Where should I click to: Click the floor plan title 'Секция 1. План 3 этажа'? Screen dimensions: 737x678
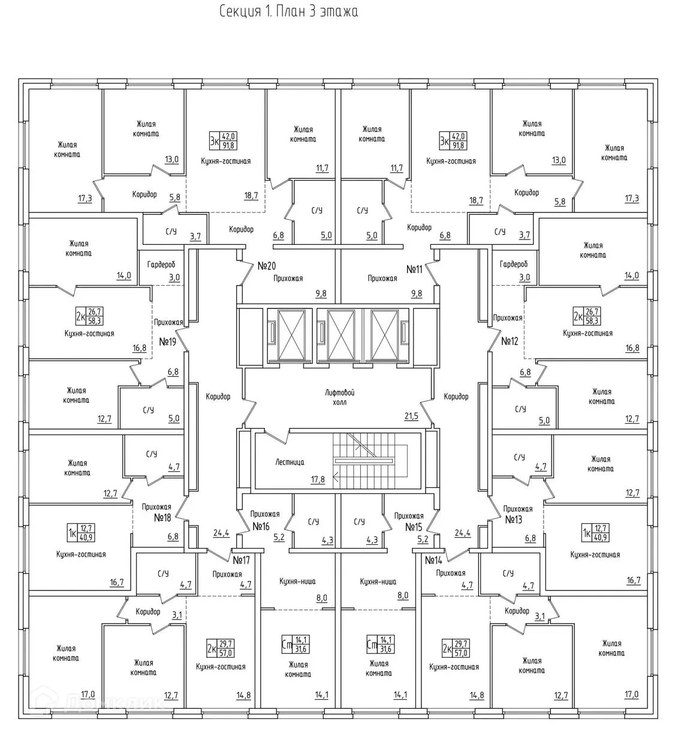pyautogui.click(x=288, y=11)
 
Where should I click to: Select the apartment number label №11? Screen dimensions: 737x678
pyautogui.click(x=414, y=269)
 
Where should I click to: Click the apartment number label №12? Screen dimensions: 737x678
pyautogui.click(x=510, y=341)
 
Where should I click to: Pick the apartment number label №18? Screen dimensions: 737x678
pyautogui.click(x=163, y=517)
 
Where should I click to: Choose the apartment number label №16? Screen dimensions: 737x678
pyautogui.click(x=261, y=526)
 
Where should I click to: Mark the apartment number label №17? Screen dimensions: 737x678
pyautogui.click(x=241, y=561)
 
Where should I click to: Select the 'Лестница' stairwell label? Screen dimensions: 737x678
pyautogui.click(x=290, y=462)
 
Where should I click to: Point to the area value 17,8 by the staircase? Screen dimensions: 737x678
pyautogui.click(x=318, y=479)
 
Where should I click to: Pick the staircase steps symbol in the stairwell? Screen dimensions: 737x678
pyautogui.click(x=369, y=461)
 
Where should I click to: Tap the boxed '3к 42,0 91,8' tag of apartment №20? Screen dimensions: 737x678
pyautogui.click(x=222, y=141)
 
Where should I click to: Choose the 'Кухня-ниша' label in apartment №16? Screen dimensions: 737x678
pyautogui.click(x=297, y=581)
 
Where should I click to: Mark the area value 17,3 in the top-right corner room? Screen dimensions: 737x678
pyautogui.click(x=632, y=198)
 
